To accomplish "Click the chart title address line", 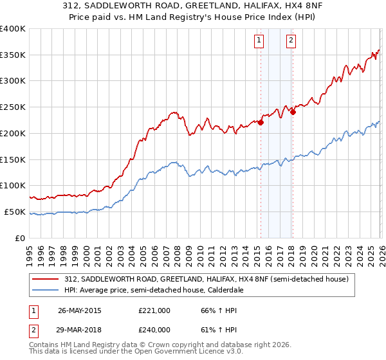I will click(193, 6).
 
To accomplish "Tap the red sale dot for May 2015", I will click(261, 123).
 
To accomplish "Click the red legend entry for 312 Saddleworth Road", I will click(206, 279).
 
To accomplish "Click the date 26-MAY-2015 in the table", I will click(80, 310).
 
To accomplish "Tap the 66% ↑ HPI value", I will click(219, 310).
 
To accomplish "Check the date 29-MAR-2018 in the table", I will click(80, 329).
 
